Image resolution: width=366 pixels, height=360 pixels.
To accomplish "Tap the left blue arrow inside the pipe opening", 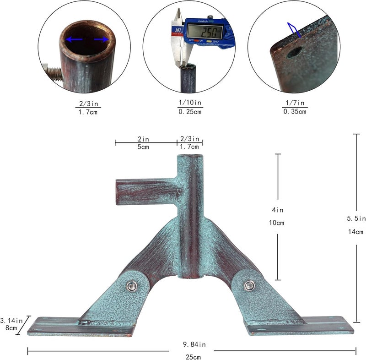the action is [x=74, y=39].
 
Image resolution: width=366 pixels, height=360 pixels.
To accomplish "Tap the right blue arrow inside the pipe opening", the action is [x=102, y=39].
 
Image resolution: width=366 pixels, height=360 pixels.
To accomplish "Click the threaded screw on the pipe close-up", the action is [x=53, y=72].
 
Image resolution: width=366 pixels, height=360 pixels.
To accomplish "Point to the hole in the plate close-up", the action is [x=294, y=53].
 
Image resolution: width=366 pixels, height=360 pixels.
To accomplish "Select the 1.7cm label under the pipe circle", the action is [x=88, y=112].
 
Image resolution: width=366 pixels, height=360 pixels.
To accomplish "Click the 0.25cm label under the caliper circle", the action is [x=190, y=112].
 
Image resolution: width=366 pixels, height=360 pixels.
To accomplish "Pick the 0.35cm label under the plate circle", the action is [x=295, y=111].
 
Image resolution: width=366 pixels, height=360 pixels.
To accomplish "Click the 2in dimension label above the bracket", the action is [x=143, y=139].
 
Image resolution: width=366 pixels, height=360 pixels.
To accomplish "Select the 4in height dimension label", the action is [x=278, y=210].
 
